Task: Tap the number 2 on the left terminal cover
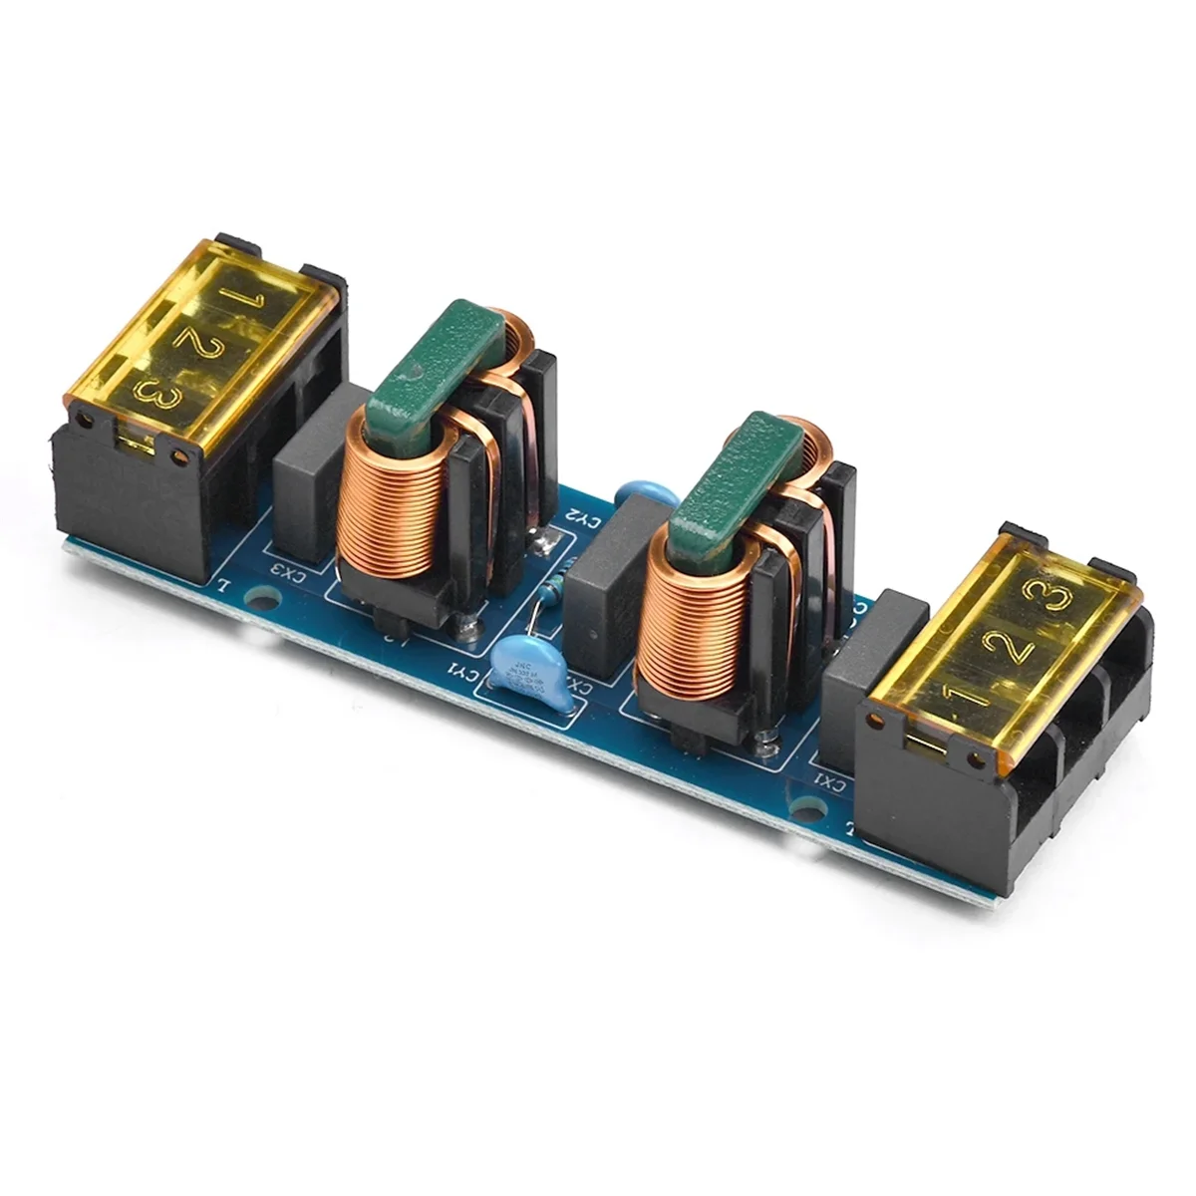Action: click(x=187, y=339)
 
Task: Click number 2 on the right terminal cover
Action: click(x=1015, y=648)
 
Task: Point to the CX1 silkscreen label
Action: click(x=828, y=780)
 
